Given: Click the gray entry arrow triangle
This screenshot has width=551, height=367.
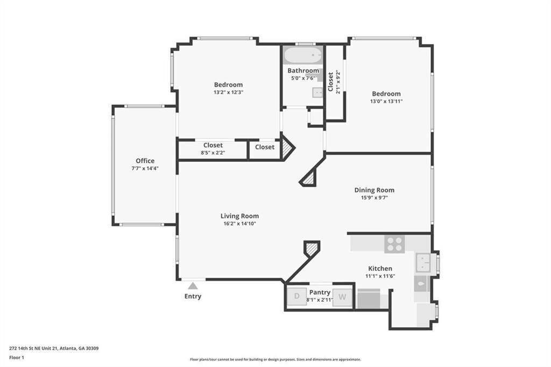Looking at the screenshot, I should (193, 286).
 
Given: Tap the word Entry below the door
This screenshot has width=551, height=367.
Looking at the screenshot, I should (193, 297).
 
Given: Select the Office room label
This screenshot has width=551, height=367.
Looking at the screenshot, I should (145, 161).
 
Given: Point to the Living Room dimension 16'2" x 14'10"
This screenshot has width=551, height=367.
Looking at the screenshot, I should (239, 223).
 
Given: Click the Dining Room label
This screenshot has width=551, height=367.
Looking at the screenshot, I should (374, 190).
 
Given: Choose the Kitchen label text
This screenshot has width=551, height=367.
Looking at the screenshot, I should (380, 269).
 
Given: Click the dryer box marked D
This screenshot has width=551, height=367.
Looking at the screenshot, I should (296, 297).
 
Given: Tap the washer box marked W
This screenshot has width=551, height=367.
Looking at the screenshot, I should (342, 297).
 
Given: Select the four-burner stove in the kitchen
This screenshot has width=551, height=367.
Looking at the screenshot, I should (394, 244).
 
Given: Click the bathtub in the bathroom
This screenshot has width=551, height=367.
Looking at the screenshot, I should (303, 55).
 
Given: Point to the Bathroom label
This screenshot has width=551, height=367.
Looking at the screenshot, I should (303, 70).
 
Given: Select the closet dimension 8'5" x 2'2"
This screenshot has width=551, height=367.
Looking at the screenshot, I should (213, 153).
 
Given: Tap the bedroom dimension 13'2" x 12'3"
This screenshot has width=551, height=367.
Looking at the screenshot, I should (228, 92).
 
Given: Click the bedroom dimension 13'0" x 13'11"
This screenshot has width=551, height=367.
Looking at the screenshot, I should (386, 101).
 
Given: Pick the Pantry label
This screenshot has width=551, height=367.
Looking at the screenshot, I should (320, 292).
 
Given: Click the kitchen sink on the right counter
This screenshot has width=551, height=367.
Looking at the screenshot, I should (423, 263).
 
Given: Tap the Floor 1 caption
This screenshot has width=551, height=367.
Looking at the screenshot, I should (17, 357).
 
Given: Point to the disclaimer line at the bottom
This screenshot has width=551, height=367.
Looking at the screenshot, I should (275, 359).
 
